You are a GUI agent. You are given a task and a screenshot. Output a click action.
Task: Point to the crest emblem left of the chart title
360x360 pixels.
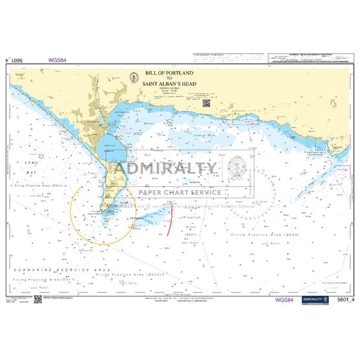point(132,77)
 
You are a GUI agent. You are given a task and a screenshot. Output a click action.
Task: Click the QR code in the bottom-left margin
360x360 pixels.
point(38,299)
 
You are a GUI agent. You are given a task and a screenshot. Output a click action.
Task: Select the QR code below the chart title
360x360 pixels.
point(206,102)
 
